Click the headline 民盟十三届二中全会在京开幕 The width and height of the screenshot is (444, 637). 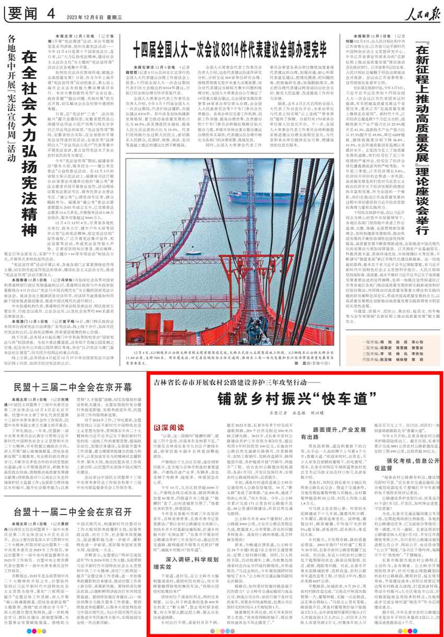(x=66, y=388)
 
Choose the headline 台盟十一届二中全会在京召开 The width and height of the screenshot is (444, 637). (x=66, y=510)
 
